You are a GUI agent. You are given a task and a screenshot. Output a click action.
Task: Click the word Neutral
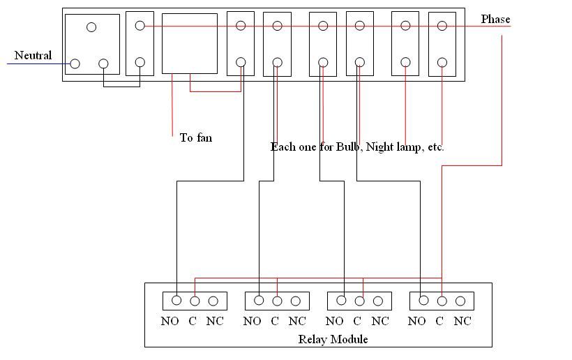point(33,55)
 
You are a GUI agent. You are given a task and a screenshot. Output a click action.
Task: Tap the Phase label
point(495,20)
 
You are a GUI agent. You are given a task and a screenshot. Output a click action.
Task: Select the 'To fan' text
point(195,137)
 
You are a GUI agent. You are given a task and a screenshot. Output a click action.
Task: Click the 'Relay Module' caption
point(333,339)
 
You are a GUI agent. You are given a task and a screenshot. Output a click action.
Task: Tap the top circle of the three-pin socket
point(91,27)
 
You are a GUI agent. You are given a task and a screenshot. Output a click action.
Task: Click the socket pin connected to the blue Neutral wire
point(75,63)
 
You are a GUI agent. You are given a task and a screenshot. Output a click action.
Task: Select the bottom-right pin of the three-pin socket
point(103,63)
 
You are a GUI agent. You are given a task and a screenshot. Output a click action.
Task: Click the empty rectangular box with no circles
point(189,43)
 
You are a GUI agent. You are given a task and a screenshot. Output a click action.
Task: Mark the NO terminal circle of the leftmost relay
point(176,300)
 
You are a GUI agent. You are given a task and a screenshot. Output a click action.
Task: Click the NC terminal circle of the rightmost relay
point(460,301)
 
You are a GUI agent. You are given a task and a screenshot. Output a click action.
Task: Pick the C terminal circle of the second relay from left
point(277,301)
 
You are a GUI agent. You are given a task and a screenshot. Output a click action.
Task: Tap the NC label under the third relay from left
point(379,321)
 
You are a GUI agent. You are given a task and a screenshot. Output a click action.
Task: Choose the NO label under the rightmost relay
point(416,321)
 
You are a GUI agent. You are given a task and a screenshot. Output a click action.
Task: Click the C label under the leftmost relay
point(193,321)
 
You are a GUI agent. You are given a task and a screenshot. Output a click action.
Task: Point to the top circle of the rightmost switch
point(442,26)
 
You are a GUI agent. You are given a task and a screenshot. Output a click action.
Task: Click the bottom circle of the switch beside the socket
point(140,62)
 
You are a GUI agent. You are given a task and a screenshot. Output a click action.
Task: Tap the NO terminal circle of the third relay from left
point(341,300)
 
